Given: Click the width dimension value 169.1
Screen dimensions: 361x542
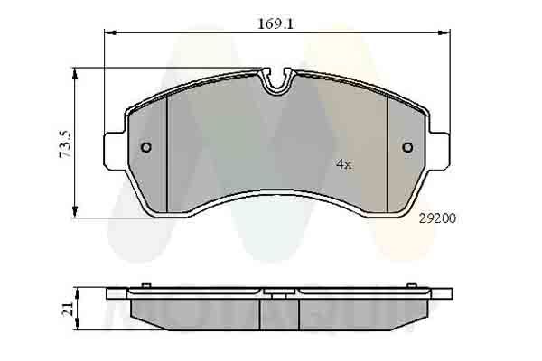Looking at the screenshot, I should (x=276, y=24).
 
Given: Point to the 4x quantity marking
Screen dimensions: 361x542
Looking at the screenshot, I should (x=343, y=164).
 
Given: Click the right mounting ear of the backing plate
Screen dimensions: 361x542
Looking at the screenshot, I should (x=440, y=149).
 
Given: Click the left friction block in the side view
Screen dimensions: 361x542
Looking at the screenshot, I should (x=194, y=312).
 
